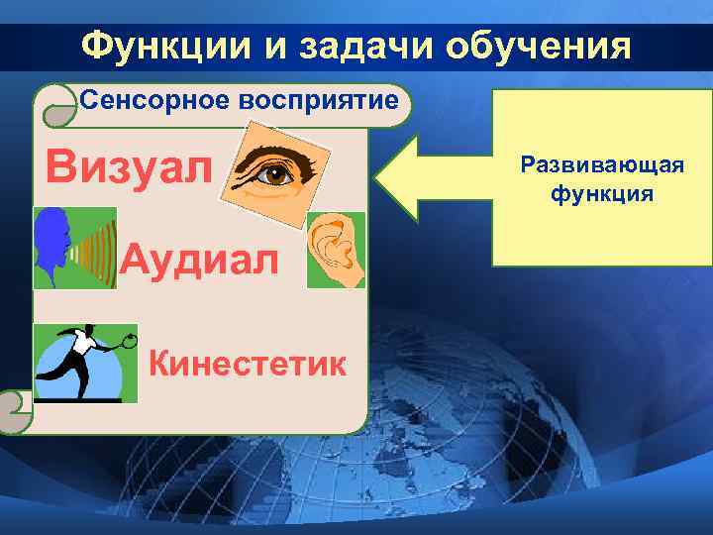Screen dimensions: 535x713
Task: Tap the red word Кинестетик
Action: coord(248,364)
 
